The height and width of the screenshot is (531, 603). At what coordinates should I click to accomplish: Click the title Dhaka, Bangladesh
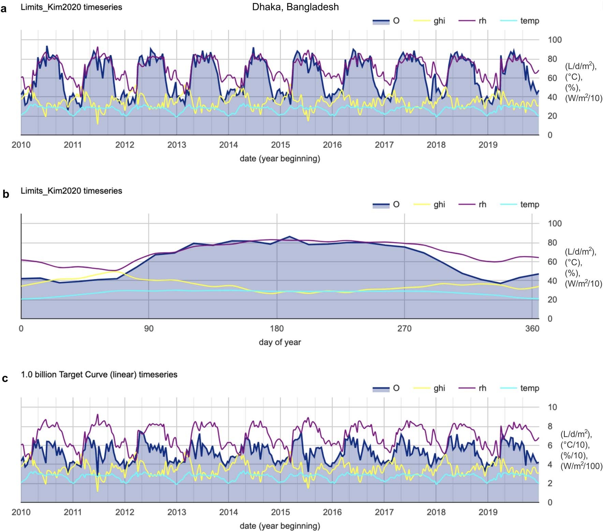point(295,7)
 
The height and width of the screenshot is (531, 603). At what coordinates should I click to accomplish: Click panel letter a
point(4,9)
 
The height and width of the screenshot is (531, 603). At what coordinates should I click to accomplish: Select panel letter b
point(5,194)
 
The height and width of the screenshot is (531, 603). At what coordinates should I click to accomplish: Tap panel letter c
point(5,378)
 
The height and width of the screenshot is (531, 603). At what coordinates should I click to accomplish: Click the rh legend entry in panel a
point(482,21)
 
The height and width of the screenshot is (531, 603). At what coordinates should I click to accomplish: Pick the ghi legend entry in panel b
point(439,204)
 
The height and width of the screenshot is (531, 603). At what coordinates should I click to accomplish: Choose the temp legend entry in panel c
point(529,388)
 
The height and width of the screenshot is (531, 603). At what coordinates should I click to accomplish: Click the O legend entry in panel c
point(396,388)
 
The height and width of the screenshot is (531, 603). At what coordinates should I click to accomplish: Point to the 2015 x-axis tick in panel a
point(280,145)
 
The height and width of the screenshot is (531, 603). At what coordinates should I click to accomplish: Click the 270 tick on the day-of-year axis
point(405,329)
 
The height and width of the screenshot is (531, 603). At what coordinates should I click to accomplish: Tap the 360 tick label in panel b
point(532,329)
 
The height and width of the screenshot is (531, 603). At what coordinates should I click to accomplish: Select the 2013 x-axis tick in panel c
point(177,512)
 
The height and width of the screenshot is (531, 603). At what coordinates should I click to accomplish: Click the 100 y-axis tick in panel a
point(555,40)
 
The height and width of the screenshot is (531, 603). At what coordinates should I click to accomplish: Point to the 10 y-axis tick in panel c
point(552,407)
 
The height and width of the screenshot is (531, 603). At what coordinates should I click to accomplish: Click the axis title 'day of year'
point(280,342)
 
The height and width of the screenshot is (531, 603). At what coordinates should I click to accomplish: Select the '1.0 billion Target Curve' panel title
point(99,374)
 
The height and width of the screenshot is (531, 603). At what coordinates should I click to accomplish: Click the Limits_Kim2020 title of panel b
point(71,191)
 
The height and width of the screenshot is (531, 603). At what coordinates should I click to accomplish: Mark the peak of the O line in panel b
point(290,236)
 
